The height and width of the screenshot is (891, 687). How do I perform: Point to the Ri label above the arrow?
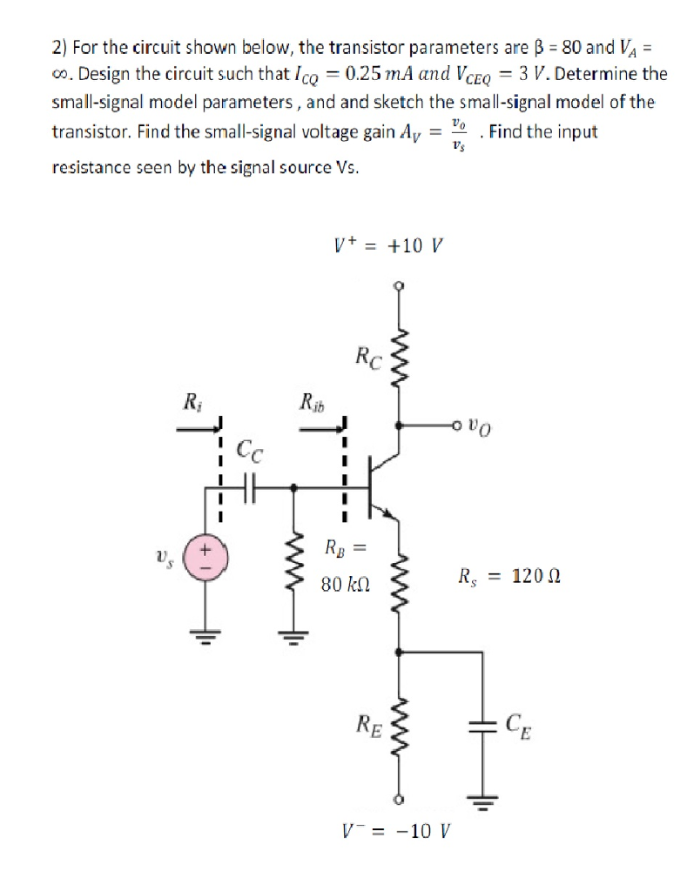tap(188, 403)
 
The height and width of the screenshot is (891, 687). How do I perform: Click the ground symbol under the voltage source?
tap(206, 632)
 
